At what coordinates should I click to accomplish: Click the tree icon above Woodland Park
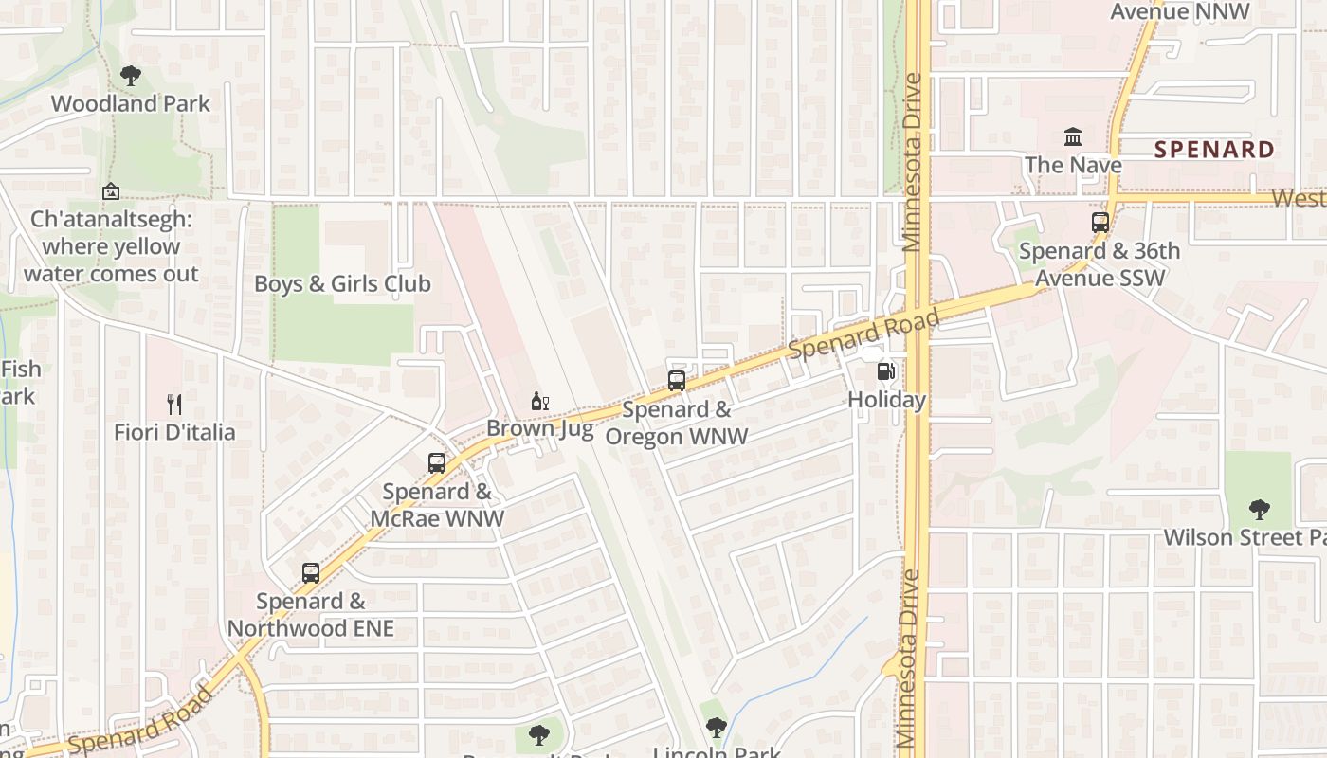click(131, 76)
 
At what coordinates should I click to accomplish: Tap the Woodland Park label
click(131, 103)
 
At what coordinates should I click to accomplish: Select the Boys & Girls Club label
click(342, 283)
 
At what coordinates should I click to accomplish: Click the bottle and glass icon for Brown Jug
click(540, 402)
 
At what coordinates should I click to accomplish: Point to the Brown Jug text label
click(540, 428)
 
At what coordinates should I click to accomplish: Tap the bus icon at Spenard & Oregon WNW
click(677, 381)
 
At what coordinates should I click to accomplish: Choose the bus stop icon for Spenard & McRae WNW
click(437, 462)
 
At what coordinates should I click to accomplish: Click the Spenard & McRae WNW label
click(437, 505)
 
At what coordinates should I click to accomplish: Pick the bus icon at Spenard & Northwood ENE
click(311, 572)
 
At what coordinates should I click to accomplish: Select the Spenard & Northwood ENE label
click(311, 615)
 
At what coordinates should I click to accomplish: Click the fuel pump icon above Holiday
click(886, 372)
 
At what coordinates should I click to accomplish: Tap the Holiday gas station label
click(886, 400)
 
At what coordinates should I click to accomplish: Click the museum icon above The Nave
click(1073, 137)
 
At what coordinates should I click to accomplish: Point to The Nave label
click(1073, 165)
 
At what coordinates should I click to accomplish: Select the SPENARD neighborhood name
click(1214, 150)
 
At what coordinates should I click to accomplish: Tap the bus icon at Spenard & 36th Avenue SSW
click(1100, 223)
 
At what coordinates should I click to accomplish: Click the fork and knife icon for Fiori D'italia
click(174, 405)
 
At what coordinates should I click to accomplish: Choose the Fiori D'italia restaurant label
click(174, 432)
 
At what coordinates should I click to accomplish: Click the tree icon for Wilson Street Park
click(1259, 510)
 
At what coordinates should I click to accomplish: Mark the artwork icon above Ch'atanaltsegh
click(111, 191)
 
